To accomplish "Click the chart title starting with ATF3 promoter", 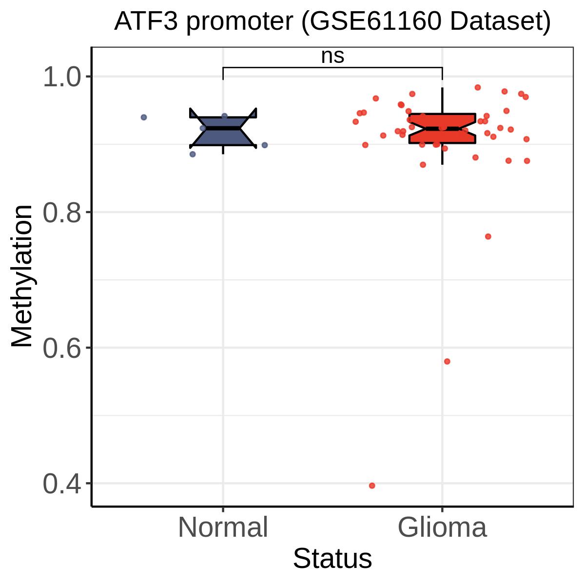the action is click(332, 21).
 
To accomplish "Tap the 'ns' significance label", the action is click(333, 57).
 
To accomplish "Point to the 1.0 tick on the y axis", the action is click(62, 77).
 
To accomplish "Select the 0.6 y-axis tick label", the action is click(62, 348).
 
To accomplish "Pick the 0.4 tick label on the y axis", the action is click(62, 484).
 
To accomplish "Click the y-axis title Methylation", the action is click(22, 276).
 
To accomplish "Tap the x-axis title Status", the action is click(332, 559).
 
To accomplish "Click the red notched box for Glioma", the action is click(442, 128).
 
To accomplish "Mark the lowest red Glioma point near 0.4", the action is click(372, 486).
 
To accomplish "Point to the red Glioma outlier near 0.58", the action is click(447, 361).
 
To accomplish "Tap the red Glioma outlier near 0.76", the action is click(488, 236).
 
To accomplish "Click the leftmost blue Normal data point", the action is click(144, 117).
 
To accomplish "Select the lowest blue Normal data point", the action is click(193, 154).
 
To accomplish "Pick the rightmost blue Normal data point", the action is click(265, 145).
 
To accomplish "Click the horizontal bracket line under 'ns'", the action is click(333, 67).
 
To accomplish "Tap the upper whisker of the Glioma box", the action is click(442, 101).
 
